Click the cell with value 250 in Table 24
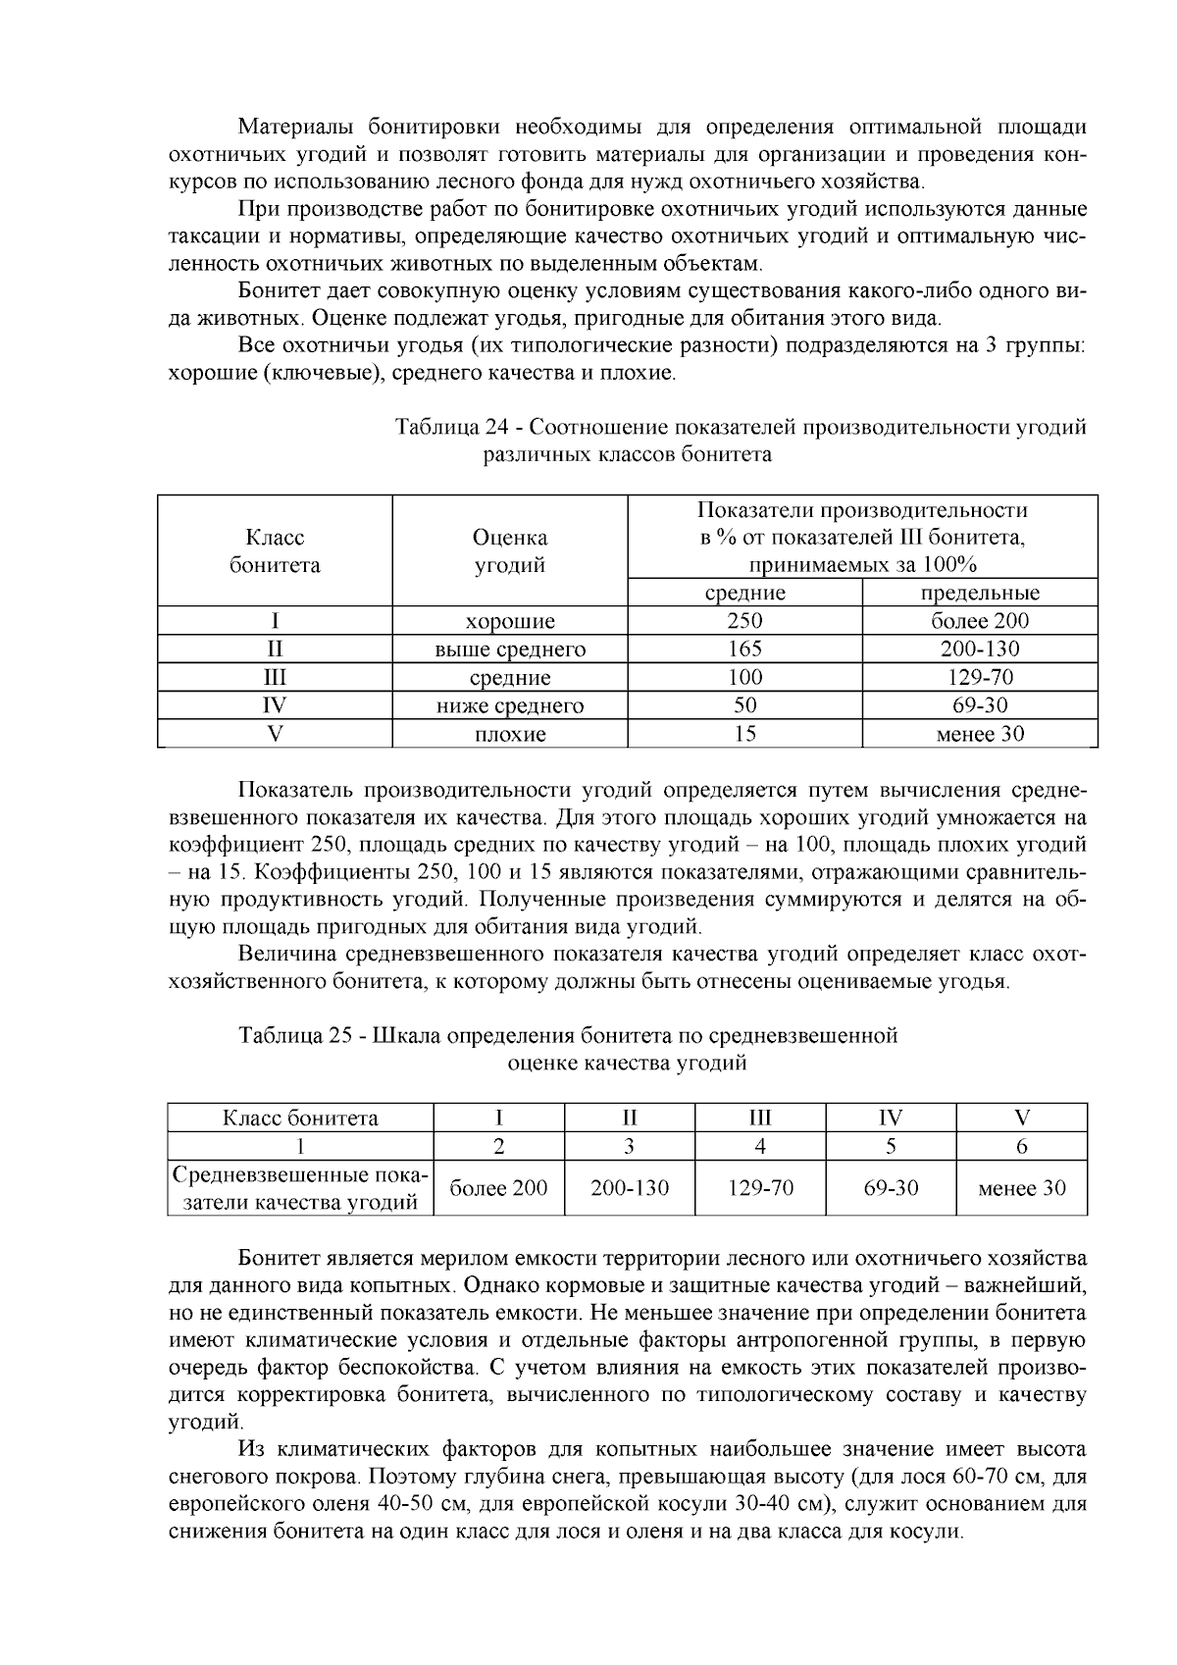[744, 621]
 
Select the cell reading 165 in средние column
[744, 650]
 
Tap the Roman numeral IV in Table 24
[275, 705]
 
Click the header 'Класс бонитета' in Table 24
[275, 551]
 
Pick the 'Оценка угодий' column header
[510, 551]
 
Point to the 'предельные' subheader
[980, 593]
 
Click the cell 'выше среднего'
[510, 650]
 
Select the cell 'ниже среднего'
[510, 706]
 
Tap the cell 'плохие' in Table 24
[510, 735]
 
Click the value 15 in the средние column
[744, 734]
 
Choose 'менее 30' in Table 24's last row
[980, 734]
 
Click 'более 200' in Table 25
[498, 1188]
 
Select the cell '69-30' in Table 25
[891, 1188]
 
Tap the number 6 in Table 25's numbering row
[1022, 1146]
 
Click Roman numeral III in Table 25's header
[760, 1118]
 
